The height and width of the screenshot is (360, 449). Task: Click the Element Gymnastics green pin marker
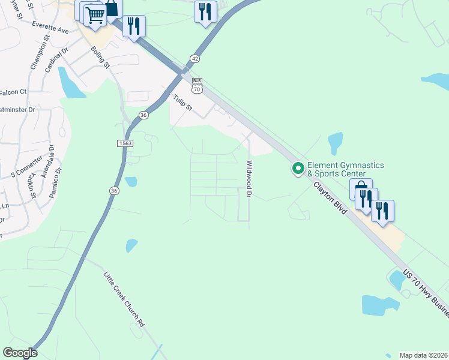[297, 169]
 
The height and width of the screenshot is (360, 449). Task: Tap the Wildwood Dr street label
[248, 179]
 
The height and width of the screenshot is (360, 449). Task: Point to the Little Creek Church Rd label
[124, 299]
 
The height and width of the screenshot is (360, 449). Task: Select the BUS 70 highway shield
[196, 85]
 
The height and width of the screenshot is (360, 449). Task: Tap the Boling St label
[100, 56]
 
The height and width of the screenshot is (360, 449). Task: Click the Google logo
[20, 353]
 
